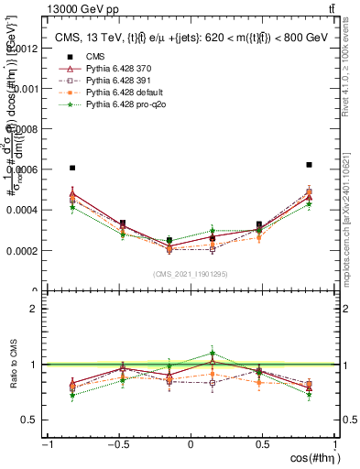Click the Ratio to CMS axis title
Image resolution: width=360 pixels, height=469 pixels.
13,365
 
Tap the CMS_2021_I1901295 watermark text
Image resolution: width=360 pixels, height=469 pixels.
191,275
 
